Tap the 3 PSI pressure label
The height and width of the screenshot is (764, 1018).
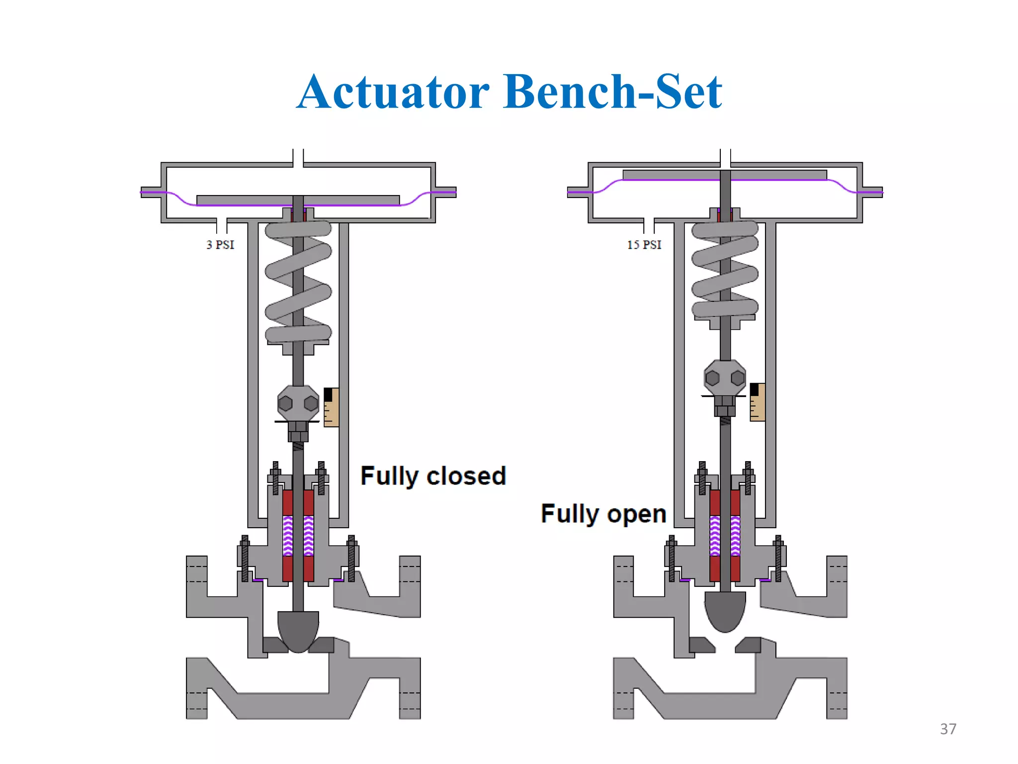[x=220, y=245]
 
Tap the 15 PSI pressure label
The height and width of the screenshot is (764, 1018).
[x=644, y=245]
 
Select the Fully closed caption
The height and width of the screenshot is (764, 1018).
[x=433, y=476]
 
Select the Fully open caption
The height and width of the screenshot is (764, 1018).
[x=603, y=514]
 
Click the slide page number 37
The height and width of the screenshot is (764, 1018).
[x=948, y=729]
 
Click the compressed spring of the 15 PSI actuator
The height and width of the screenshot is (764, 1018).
[x=725, y=269]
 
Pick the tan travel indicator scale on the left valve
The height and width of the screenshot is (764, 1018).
[x=332, y=408]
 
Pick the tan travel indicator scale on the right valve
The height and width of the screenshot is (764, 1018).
[x=758, y=402]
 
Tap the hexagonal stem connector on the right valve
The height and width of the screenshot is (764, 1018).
[x=725, y=378]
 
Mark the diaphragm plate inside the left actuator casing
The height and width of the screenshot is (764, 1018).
[x=298, y=200]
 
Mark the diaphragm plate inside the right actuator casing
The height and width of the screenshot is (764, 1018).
[x=725, y=175]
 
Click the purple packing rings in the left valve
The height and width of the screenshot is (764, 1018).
[x=298, y=536]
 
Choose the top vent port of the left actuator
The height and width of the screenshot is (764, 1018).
[x=298, y=158]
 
